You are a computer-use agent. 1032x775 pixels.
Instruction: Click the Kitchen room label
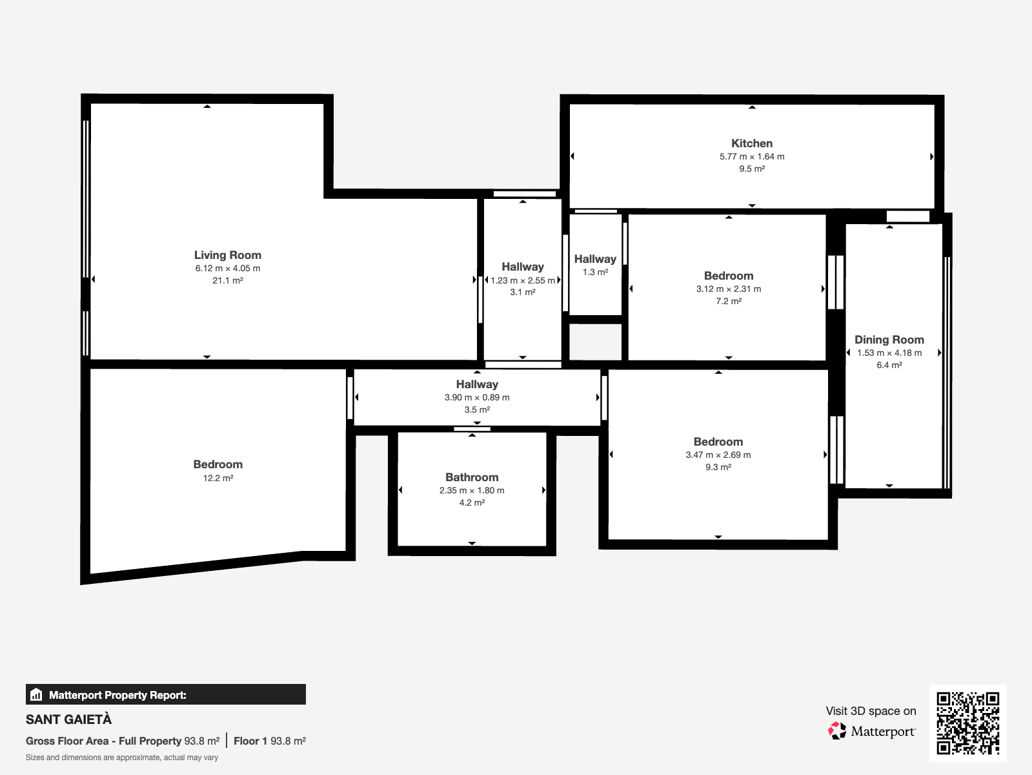[x=751, y=143]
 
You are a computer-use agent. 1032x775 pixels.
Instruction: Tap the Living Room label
[x=228, y=255]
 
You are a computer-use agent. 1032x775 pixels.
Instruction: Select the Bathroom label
[x=472, y=477]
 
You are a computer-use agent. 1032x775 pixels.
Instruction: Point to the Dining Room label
[x=889, y=340]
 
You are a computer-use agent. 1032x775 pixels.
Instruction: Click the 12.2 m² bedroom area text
[x=218, y=478]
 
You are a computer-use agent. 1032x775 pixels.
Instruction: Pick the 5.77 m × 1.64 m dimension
[x=751, y=156]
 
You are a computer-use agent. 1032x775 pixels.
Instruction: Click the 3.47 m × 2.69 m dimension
[x=718, y=455]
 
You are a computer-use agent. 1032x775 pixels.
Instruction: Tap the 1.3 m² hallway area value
[x=595, y=272]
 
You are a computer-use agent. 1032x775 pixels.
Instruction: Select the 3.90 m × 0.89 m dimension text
[x=477, y=397]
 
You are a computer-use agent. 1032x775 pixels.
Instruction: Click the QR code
[x=967, y=723]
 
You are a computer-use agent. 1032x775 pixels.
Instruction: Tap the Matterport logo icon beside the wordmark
[x=837, y=731]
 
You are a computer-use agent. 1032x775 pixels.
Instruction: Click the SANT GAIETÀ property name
[x=68, y=719]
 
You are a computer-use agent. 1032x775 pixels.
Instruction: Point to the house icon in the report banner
[x=36, y=694]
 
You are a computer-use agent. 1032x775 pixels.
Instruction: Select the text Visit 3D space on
[x=871, y=711]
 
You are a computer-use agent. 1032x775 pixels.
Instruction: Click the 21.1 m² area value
[x=228, y=280]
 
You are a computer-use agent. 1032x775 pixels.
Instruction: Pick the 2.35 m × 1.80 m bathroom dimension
[x=472, y=490]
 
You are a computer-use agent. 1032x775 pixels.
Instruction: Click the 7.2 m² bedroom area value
[x=728, y=301]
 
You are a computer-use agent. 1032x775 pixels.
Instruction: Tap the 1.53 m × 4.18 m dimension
[x=889, y=353]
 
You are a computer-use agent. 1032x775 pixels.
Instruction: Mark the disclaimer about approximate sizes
[x=122, y=758]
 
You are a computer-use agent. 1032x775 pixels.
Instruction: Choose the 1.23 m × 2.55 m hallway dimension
[x=522, y=280]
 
